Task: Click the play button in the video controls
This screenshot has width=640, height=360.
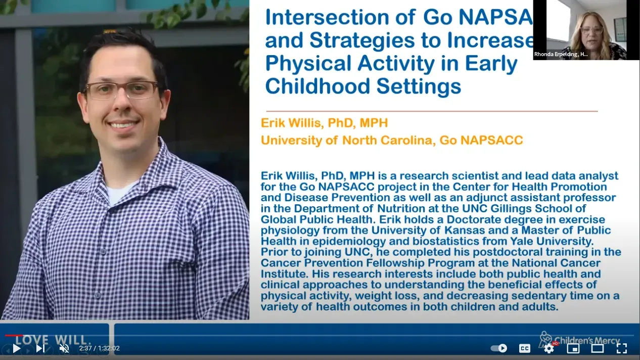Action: (x=17, y=348)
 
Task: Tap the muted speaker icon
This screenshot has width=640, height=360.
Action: (x=64, y=348)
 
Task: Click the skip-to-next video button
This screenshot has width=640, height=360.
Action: (x=40, y=348)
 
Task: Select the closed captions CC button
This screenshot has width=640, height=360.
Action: (x=525, y=348)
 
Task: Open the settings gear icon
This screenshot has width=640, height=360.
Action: (x=549, y=348)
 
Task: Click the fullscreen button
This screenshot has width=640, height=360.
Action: (x=622, y=348)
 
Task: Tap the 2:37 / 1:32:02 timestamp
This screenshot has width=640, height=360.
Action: (x=100, y=348)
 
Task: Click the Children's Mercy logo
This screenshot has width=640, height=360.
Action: (x=580, y=339)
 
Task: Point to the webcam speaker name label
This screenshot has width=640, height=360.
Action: (x=561, y=54)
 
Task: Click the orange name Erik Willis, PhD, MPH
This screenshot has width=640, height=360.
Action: (x=324, y=123)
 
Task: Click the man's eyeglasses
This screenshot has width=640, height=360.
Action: (x=121, y=90)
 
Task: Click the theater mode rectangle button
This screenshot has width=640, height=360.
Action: (x=598, y=348)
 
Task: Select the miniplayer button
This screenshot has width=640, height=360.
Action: (x=573, y=348)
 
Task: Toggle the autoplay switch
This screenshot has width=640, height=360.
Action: (x=499, y=348)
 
